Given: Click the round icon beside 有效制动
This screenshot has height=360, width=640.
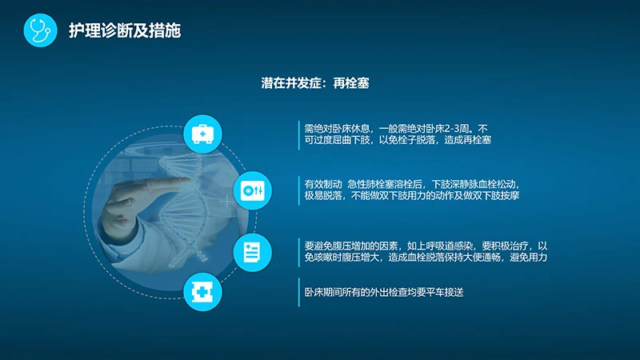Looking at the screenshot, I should click(252, 190).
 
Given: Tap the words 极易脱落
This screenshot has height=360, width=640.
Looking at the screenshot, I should click(323, 195).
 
